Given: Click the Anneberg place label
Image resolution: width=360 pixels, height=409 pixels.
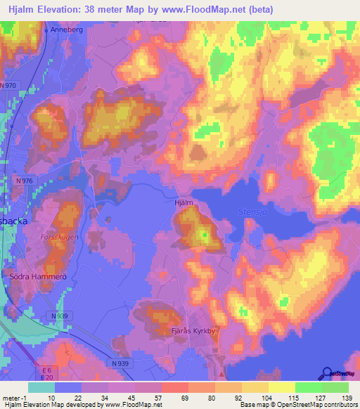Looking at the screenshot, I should click(x=64, y=30).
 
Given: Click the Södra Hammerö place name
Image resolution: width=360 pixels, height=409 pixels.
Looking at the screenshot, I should click(x=37, y=277).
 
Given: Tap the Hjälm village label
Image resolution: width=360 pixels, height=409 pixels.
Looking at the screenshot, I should click(x=183, y=203).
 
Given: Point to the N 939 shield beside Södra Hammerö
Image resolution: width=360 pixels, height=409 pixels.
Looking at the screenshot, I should click(x=61, y=316).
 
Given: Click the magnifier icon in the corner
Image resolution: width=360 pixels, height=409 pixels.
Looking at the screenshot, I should click(x=328, y=374).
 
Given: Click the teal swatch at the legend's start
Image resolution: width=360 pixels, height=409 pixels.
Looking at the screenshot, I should click(x=41, y=387).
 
